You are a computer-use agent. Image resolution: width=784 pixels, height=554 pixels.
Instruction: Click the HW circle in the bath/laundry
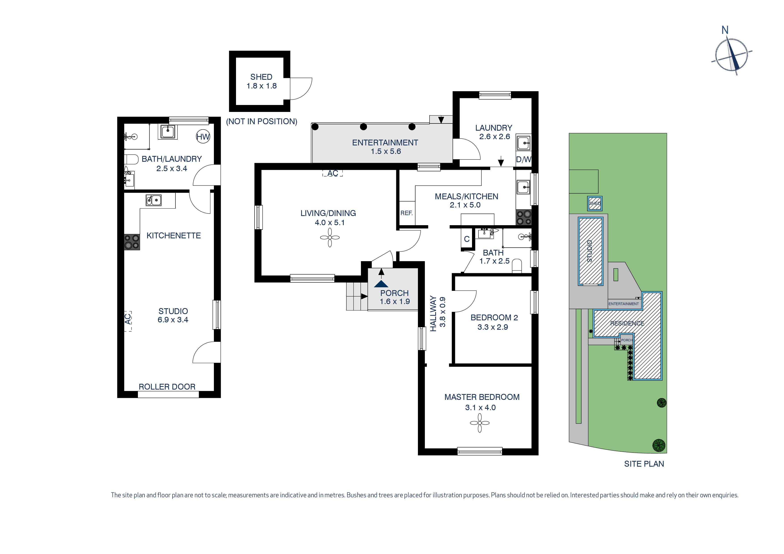(203, 137)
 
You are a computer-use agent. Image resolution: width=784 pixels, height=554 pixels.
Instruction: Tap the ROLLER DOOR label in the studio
(167, 387)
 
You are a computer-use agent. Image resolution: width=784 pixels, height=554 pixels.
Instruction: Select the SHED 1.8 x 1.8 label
(261, 81)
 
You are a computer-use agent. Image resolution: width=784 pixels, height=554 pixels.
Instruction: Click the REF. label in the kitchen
(406, 213)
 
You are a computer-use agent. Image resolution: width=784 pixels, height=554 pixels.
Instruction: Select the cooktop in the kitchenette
(132, 242)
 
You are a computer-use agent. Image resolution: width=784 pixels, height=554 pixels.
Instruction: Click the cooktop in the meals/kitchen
(523, 217)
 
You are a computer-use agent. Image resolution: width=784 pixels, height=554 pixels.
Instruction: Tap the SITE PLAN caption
(644, 464)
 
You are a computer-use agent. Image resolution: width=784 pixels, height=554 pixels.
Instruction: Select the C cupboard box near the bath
(467, 239)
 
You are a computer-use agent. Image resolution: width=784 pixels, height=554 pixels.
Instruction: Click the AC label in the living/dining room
(333, 173)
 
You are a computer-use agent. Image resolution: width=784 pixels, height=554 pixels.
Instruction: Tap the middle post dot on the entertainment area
(364, 127)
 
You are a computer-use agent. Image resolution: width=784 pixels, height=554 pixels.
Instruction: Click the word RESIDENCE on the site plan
(627, 323)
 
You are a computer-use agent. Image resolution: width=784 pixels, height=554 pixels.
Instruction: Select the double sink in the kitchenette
(154, 200)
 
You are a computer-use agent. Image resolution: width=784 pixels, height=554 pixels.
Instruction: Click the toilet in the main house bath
(517, 266)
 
